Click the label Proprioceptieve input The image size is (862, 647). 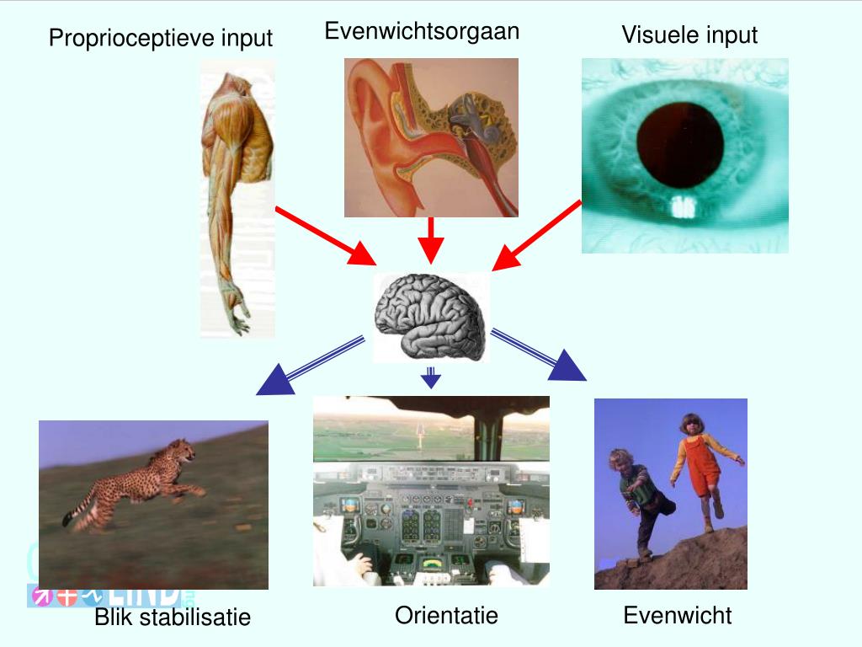click(160, 38)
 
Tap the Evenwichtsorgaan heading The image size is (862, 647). click(422, 31)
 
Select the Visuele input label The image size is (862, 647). click(689, 35)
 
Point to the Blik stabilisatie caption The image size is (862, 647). click(173, 617)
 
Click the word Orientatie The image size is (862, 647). click(446, 615)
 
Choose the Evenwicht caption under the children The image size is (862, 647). click(678, 615)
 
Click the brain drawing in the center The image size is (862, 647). click(431, 317)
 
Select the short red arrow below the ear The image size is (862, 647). click(431, 240)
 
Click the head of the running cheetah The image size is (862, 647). click(182, 450)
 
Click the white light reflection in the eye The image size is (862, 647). click(683, 206)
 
